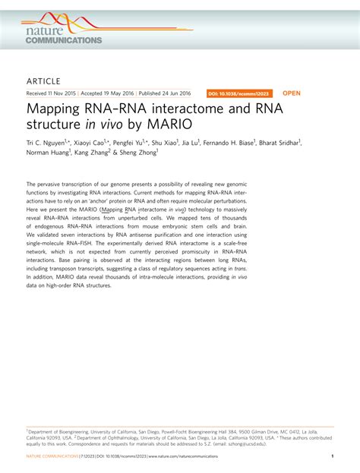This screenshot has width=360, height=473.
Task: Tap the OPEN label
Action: click(292, 93)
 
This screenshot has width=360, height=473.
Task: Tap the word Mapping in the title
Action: click(54, 109)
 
